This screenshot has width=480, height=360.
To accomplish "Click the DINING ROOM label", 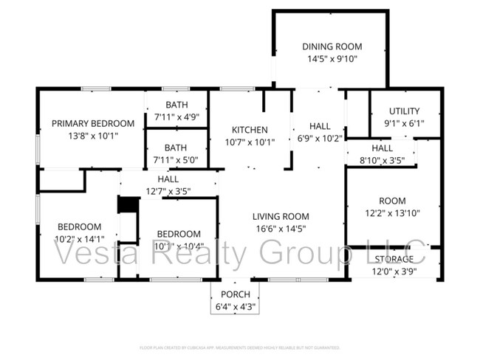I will click(332, 47).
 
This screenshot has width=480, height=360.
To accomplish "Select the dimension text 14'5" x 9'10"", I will click(332, 60).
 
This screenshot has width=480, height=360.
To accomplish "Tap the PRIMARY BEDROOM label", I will click(93, 123).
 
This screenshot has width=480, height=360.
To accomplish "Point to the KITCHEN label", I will click(250, 130).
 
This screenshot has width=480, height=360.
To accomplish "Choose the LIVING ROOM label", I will click(280, 216).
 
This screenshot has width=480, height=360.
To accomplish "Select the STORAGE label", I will click(394, 260).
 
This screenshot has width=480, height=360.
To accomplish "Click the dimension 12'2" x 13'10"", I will click(393, 213).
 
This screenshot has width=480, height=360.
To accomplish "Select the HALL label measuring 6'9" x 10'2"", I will click(320, 126).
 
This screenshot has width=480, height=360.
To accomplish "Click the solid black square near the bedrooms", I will click(128, 204).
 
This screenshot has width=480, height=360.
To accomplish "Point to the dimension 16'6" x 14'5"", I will click(280, 229).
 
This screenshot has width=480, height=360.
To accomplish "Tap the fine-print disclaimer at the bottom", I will click(240, 347).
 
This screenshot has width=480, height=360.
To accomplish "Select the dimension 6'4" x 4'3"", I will click(236, 307).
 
